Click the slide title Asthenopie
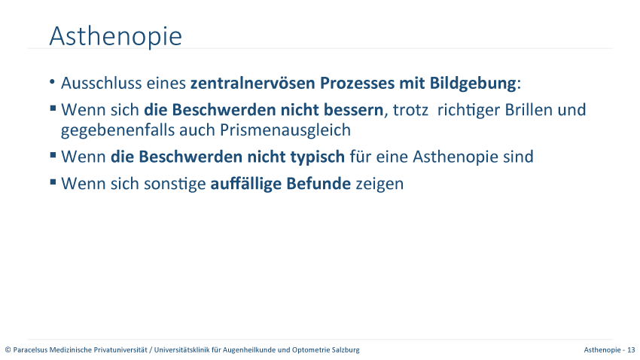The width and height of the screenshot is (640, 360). pyautogui.click(x=115, y=36)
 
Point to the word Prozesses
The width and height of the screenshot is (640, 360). pyautogui.click(x=357, y=83)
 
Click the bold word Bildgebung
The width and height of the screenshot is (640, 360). pyautogui.click(x=473, y=84)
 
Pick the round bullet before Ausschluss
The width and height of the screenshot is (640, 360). pyautogui.click(x=52, y=82)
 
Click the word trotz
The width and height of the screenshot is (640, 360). pyautogui.click(x=410, y=110)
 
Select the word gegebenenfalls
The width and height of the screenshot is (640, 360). pyautogui.click(x=117, y=130)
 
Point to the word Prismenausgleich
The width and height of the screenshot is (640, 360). pyautogui.click(x=285, y=130)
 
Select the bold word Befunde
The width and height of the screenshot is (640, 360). pyautogui.click(x=318, y=184)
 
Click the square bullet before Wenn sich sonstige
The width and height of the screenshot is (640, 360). pyautogui.click(x=53, y=182)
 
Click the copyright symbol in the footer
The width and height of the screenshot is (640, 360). pyautogui.click(x=8, y=350)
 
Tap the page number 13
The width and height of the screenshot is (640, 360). pyautogui.click(x=631, y=350)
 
